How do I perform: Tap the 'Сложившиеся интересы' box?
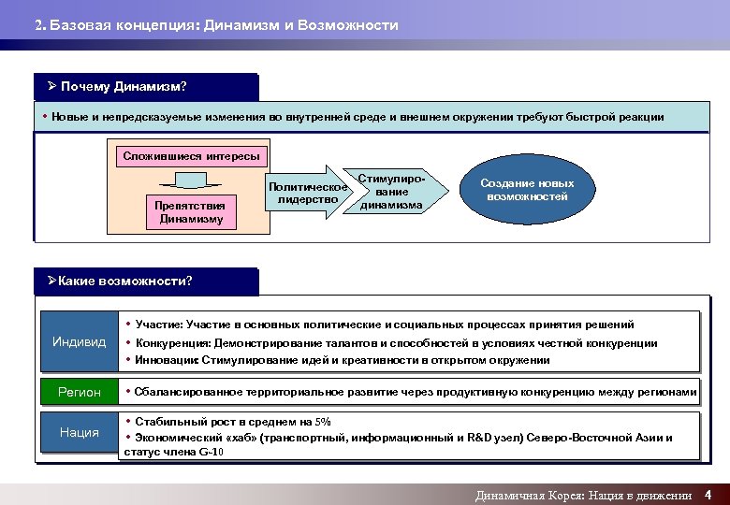click(191, 156)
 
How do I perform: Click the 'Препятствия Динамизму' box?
click(191, 212)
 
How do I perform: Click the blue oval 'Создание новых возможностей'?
click(527, 190)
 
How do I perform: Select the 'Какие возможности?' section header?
click(125, 281)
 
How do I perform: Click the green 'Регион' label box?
click(79, 392)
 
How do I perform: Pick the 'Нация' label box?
click(79, 432)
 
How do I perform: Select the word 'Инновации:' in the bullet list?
click(165, 360)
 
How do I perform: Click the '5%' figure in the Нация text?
click(324, 422)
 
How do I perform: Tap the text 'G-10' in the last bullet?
click(212, 453)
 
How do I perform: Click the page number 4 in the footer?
click(708, 495)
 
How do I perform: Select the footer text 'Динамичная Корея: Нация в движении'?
click(583, 496)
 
